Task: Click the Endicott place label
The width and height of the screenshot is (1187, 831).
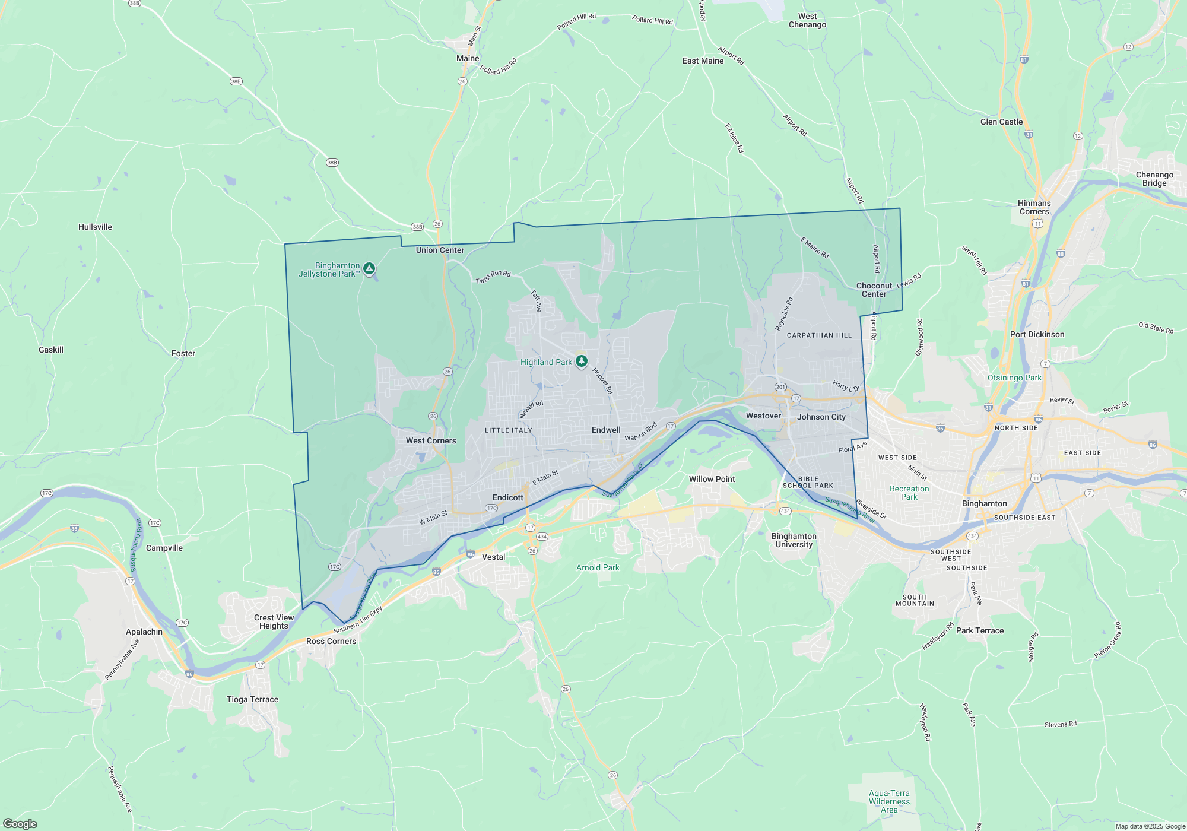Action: pyautogui.click(x=508, y=497)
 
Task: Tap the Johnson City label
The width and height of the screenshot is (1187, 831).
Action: pyautogui.click(x=821, y=417)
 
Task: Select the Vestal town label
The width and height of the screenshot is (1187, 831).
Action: pyautogui.click(x=493, y=557)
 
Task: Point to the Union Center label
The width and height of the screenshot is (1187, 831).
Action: pyautogui.click(x=440, y=250)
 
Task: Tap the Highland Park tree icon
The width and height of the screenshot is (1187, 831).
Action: pyautogui.click(x=582, y=361)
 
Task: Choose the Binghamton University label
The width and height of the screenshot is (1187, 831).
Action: pyautogui.click(x=794, y=540)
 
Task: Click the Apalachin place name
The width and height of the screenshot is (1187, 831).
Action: pyautogui.click(x=144, y=632)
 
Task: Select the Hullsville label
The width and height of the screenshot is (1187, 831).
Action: pyautogui.click(x=95, y=227)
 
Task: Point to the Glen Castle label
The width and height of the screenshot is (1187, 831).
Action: pyautogui.click(x=1001, y=122)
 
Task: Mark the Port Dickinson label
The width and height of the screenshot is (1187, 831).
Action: pyautogui.click(x=1037, y=334)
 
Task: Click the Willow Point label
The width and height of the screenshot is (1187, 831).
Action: pyautogui.click(x=712, y=479)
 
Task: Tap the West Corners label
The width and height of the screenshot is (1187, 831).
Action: pyautogui.click(x=431, y=440)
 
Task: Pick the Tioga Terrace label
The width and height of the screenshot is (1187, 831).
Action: pyautogui.click(x=252, y=699)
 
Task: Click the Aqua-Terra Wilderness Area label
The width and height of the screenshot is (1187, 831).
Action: pyautogui.click(x=889, y=801)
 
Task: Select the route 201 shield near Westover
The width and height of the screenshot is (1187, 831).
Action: pyautogui.click(x=780, y=387)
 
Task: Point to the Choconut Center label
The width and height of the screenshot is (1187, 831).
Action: pyautogui.click(x=874, y=290)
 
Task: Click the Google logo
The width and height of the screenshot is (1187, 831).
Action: pyautogui.click(x=20, y=823)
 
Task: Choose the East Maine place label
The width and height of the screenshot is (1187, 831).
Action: pyautogui.click(x=703, y=61)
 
